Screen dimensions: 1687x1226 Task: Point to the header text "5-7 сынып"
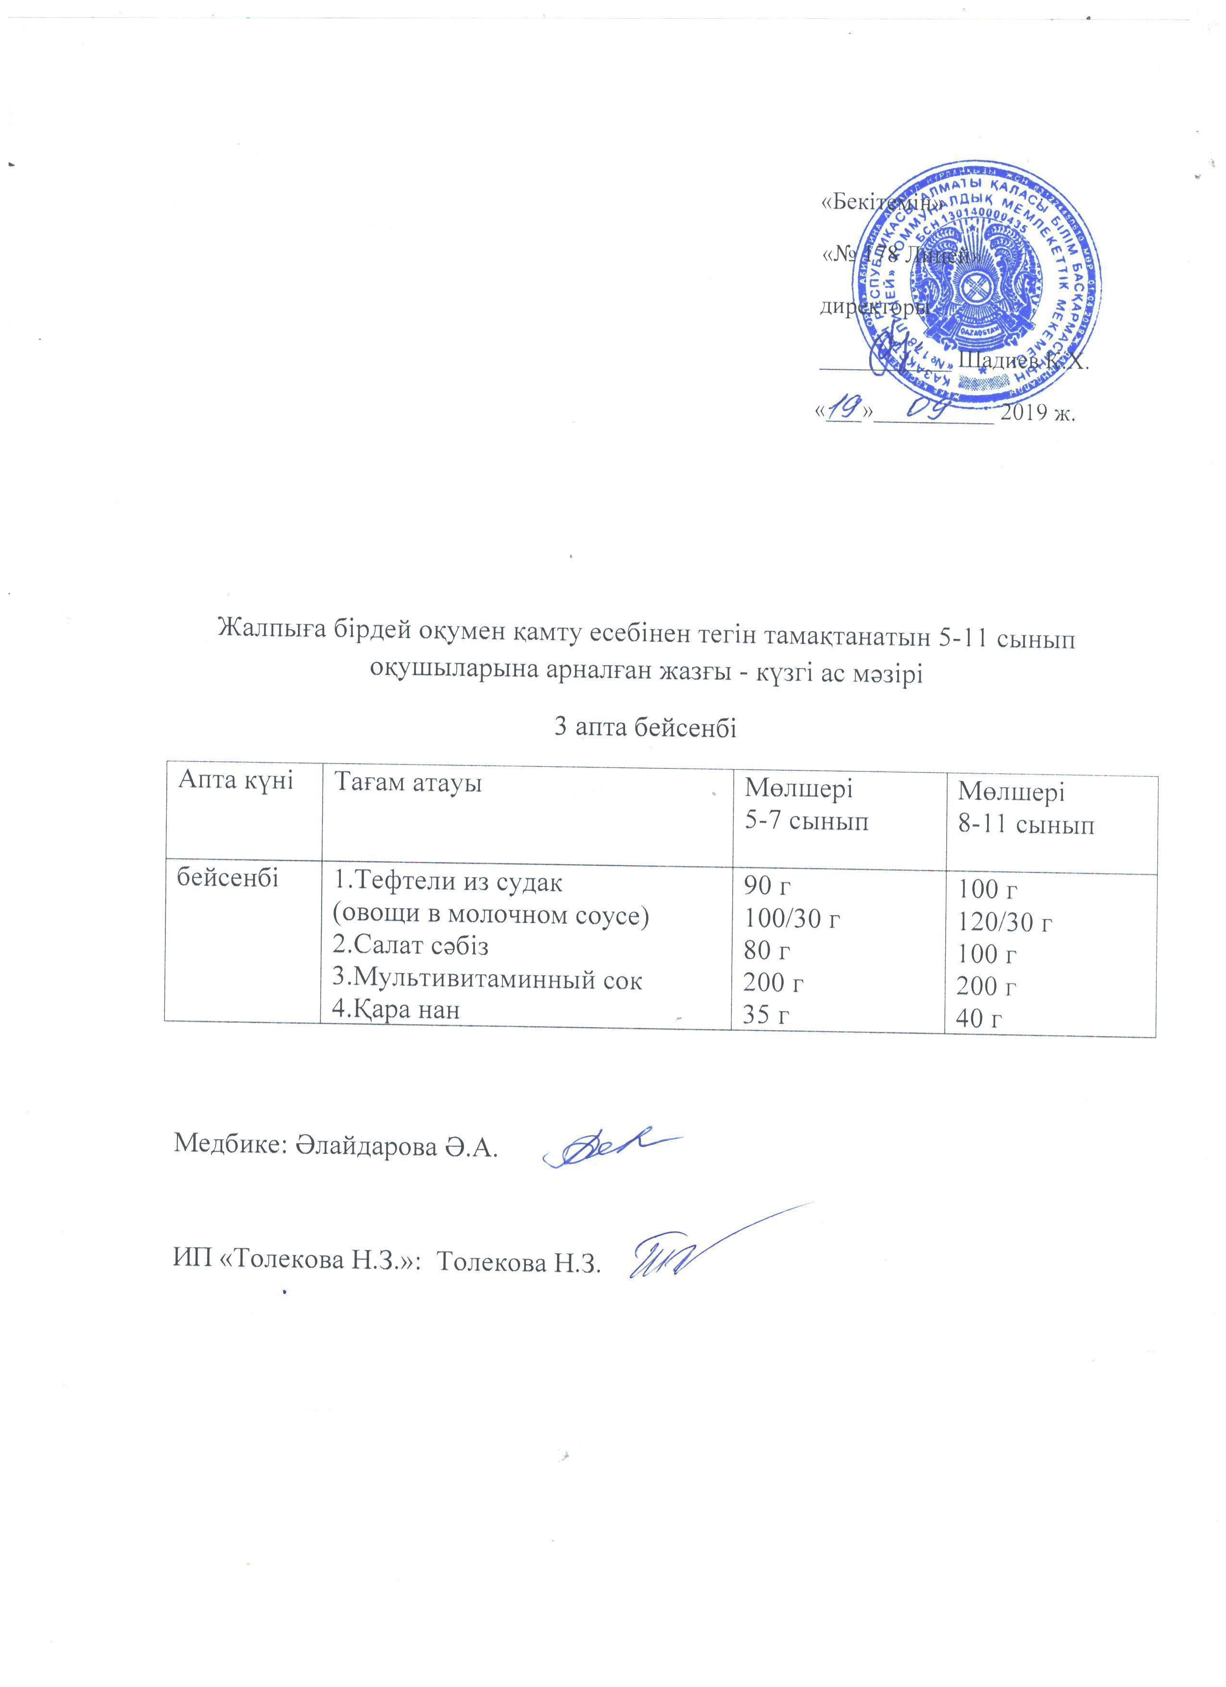coord(807,822)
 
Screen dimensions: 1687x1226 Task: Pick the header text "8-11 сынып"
coord(1026,825)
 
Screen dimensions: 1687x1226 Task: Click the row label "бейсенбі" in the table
coord(227,879)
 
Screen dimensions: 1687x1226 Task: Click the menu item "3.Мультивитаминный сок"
coord(487,980)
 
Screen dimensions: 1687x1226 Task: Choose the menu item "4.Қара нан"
coord(396,1009)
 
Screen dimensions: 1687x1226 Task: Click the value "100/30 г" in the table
coord(792,919)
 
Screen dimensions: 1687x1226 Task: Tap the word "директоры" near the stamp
coord(874,306)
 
